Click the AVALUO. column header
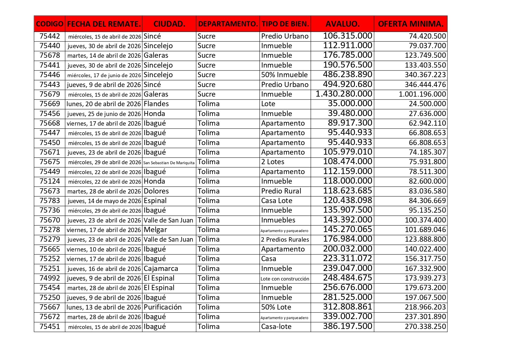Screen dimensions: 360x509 coord(342,24)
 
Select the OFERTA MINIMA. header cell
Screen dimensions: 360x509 coord(411,24)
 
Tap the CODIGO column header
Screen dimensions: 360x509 coord(50,24)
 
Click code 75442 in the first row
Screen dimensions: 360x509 coord(50,36)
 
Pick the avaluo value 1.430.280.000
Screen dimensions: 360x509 coord(344,94)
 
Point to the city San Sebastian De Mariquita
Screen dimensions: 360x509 coord(169,163)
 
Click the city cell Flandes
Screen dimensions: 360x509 coord(156,104)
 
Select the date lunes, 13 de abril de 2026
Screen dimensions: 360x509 coord(104,307)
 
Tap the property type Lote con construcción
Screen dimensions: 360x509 coord(285,279)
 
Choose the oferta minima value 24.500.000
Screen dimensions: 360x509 coord(427,104)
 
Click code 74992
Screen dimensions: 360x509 coord(50,278)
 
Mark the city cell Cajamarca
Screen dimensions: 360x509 coord(161,269)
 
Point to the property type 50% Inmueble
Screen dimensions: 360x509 coord(284,75)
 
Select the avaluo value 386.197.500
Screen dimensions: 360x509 coord(348,326)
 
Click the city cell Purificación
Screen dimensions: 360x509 coord(163,307)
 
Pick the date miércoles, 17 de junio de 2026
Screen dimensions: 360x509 coord(104,75)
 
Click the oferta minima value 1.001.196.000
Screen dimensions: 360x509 coord(422,94)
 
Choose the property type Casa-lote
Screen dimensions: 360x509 coord(276,327)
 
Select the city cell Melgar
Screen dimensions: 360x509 coord(155,230)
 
